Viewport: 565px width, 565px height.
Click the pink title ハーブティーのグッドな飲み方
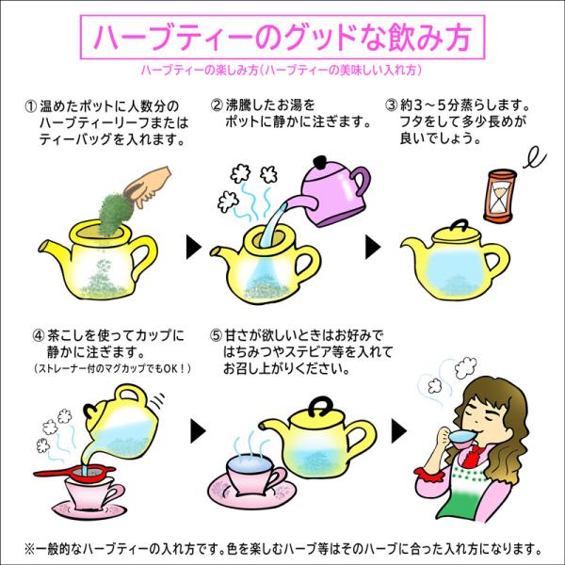282,37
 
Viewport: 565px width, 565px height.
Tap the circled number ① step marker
31,106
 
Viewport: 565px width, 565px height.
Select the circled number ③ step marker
391,105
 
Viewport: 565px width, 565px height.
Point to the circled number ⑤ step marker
217,335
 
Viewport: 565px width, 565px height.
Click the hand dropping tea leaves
147,186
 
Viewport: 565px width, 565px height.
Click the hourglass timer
499,197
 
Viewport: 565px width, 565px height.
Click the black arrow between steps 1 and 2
193,247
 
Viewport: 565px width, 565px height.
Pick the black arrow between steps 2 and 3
373,247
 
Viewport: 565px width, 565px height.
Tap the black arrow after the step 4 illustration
198,431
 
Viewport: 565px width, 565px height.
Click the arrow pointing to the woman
398,431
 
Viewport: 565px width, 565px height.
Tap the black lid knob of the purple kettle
320,162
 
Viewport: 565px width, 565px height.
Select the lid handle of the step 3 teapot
460,226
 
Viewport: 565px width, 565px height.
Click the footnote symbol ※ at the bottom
29,549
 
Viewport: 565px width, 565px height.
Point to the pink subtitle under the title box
281,70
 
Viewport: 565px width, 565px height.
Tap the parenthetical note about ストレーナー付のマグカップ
112,368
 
